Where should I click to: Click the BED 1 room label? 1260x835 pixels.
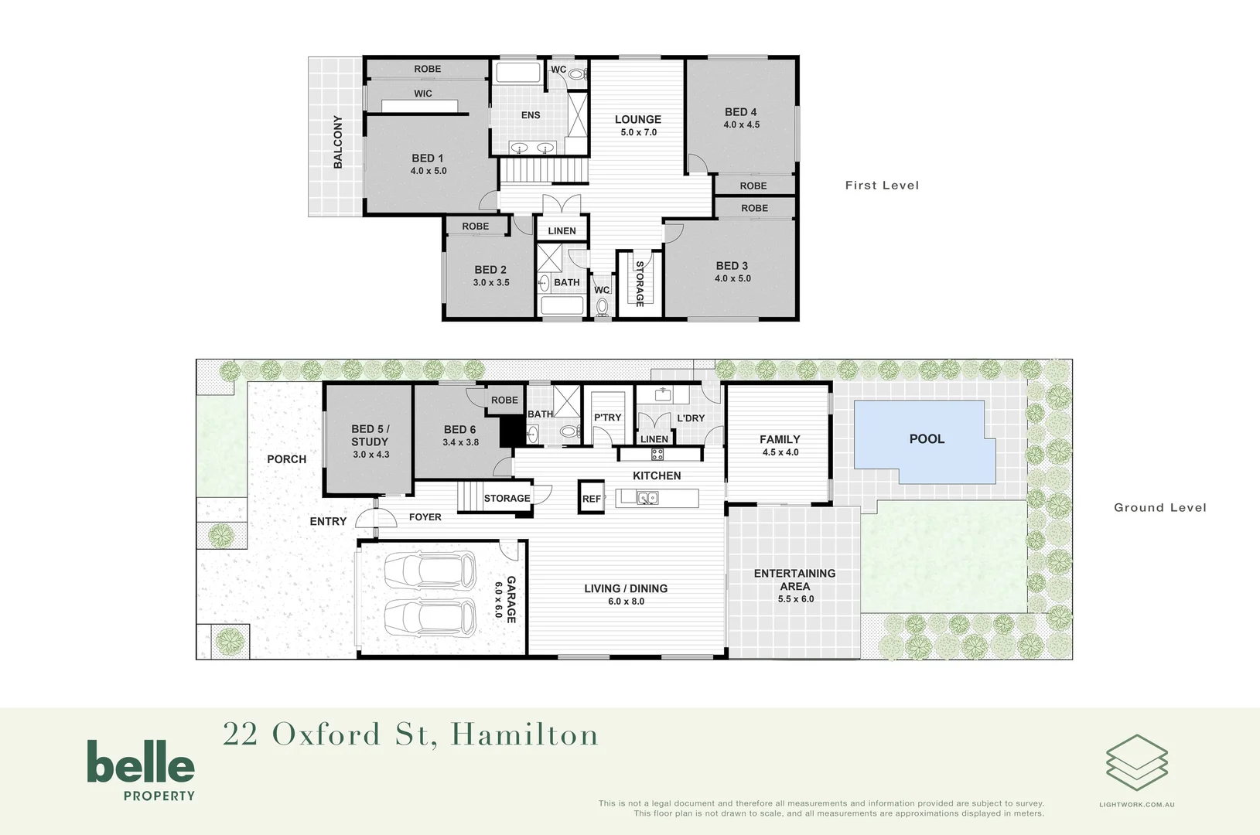(428, 158)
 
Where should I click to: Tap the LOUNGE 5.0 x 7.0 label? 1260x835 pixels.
(638, 125)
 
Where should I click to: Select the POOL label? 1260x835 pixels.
(927, 439)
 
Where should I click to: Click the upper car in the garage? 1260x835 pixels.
(430, 571)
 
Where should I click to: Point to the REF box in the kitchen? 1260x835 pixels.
(592, 499)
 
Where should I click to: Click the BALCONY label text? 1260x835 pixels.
(338, 141)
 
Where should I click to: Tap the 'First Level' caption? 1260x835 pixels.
(882, 186)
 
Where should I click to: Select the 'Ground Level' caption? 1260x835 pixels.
(1159, 508)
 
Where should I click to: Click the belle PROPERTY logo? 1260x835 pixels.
(141, 770)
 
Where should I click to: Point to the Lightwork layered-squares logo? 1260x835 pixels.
(1136, 763)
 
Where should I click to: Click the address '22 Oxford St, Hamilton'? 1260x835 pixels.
(411, 735)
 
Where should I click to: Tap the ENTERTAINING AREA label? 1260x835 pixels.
(795, 580)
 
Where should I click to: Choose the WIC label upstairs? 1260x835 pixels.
(423, 94)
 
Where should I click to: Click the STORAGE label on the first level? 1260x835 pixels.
(640, 284)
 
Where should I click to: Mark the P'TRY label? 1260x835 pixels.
(607, 417)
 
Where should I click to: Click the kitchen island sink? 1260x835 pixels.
(647, 498)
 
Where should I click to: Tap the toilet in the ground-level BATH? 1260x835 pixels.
(569, 431)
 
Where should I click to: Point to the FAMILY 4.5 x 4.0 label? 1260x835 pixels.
(780, 445)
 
